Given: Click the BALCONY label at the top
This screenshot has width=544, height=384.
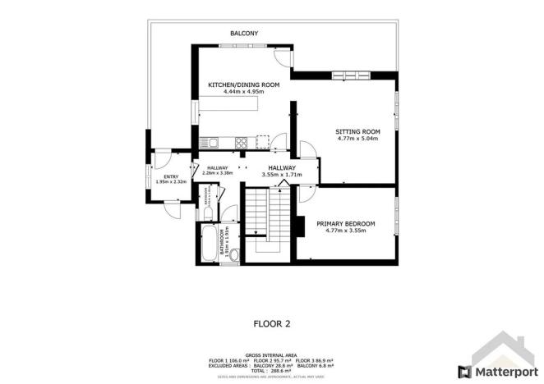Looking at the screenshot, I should (x=244, y=33).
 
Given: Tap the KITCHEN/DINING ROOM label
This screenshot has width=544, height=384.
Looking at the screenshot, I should (x=244, y=85).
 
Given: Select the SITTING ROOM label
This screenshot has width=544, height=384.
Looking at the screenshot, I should (x=357, y=131).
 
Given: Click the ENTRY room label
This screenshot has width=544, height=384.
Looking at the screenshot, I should (x=171, y=176).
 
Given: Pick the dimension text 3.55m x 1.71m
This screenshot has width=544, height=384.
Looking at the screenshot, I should (x=282, y=175).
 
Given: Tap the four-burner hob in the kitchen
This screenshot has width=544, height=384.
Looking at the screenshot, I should (x=242, y=142).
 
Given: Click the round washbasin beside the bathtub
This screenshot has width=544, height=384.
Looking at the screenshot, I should (x=233, y=256).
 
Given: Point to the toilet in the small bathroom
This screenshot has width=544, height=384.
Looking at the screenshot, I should (x=209, y=214).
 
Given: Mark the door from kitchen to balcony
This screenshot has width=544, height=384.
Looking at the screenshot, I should (x=283, y=57).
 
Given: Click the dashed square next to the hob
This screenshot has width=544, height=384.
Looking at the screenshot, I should (x=263, y=140).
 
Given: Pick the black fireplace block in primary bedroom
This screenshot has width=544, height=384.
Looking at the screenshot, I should (x=300, y=225).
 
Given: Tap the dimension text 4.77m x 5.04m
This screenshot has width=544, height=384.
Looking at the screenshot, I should (x=357, y=139).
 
